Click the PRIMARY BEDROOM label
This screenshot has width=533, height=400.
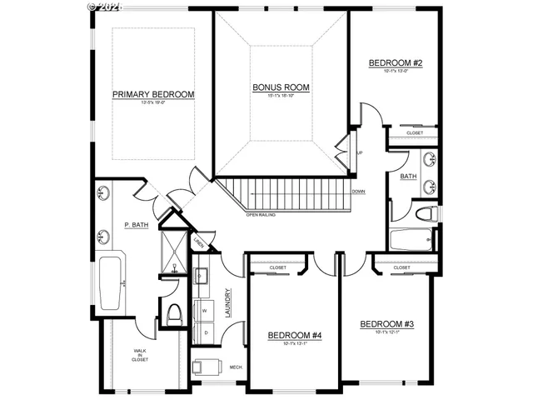click(x=153, y=95)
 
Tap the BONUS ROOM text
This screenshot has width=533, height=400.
click(x=281, y=87)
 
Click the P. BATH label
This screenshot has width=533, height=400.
click(x=136, y=225)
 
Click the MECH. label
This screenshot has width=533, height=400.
click(x=236, y=367)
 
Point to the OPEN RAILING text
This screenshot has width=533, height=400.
click(x=262, y=215)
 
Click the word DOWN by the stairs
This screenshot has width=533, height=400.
click(x=358, y=192)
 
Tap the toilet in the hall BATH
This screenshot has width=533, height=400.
click(x=425, y=214)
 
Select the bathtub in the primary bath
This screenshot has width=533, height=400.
click(x=110, y=283)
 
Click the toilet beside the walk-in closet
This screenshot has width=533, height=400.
click(x=174, y=315)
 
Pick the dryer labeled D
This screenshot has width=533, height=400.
click(x=205, y=331)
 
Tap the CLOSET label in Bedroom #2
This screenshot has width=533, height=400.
click(x=414, y=133)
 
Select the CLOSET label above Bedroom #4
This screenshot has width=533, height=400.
click(x=278, y=267)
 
